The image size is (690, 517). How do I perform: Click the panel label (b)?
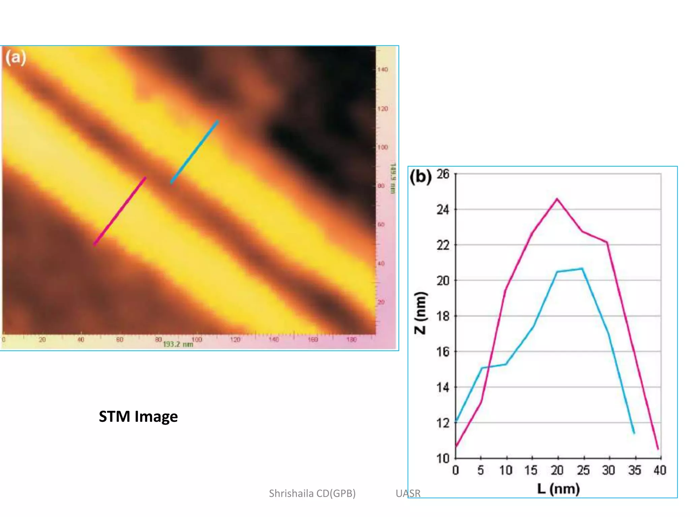420,177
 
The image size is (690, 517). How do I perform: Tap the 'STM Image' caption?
138,417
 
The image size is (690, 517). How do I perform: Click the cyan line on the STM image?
194,152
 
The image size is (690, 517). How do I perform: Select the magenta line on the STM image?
120,211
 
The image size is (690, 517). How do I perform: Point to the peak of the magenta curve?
557,199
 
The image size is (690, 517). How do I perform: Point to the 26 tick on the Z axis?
443,174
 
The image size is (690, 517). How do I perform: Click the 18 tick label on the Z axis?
443,316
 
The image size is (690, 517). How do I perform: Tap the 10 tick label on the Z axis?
443,458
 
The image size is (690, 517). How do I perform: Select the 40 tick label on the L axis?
660,470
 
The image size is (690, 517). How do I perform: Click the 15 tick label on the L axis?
531,470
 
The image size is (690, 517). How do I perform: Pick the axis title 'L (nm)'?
558,489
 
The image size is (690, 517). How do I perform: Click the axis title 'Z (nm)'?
420,313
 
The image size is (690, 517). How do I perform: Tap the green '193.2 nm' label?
178,344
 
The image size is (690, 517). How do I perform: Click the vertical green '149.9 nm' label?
393,178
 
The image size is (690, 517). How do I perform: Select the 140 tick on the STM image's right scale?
382,70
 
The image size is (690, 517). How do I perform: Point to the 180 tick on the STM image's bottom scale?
351,340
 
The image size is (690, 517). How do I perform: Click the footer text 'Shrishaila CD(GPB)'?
312,493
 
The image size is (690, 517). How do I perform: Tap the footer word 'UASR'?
408,493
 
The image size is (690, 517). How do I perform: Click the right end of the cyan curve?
634,433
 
